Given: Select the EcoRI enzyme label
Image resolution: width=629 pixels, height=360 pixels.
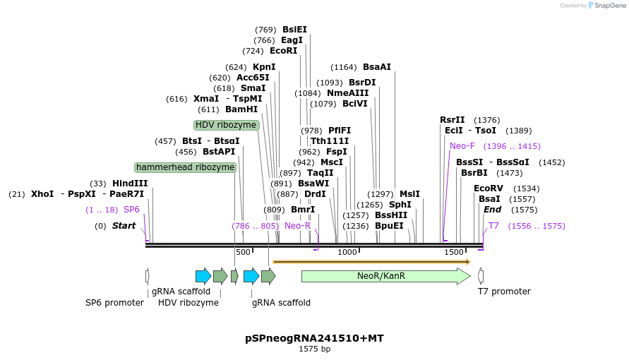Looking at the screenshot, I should coord(283,51).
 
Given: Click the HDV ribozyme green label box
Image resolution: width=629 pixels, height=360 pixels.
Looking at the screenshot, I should coord(226,125).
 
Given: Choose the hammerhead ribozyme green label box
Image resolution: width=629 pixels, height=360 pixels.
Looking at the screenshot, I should coord(185,167).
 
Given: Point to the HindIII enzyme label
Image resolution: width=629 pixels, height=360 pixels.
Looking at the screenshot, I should coord(130,184).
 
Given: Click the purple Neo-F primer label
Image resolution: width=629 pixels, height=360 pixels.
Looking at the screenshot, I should coord(462,146).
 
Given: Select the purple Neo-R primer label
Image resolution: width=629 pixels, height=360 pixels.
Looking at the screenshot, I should coord(297,226).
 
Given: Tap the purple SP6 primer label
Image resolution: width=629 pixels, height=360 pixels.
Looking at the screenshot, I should coord(132,210).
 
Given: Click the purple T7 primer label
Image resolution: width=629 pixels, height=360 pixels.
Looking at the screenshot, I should coord(493,226).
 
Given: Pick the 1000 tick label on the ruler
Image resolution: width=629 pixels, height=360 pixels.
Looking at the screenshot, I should coord(347,252).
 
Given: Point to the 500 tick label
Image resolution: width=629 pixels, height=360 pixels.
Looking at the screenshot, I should coord(243,252).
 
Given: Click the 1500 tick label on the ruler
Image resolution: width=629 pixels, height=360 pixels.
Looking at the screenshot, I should coord(453,252).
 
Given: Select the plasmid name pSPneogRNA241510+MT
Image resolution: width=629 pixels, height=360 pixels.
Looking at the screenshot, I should coord(314,338).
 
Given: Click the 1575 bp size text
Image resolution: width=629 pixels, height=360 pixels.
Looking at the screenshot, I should coord(314,349).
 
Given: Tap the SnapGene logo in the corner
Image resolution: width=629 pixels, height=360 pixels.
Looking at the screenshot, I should coord(605,6).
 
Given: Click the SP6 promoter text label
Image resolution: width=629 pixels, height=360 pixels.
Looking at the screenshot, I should coord(114,303).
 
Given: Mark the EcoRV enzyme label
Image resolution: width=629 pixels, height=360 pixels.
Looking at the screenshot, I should coord(488,188).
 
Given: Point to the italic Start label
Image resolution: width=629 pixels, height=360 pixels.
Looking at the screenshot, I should coord(124,226).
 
